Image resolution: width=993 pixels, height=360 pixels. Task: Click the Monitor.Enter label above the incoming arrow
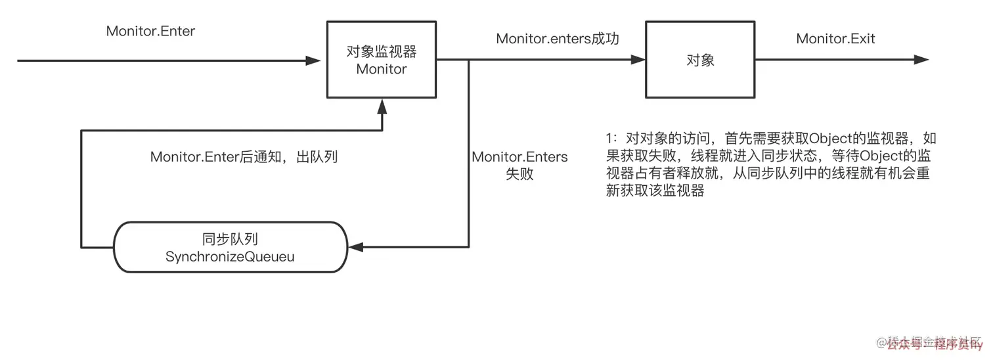click(150, 32)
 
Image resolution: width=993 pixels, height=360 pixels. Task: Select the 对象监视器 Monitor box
click(382, 60)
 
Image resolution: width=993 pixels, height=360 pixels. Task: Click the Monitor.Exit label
click(835, 39)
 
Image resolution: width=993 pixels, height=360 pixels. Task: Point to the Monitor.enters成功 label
click(558, 39)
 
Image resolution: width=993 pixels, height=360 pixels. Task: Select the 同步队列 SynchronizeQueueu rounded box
click(230, 248)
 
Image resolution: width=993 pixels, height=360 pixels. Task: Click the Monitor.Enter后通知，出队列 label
click(244, 157)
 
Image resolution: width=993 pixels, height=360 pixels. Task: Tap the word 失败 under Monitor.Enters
click(519, 175)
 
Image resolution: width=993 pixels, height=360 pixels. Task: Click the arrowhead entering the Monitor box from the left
click(314, 60)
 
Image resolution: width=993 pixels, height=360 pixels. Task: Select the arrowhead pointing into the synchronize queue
click(355, 248)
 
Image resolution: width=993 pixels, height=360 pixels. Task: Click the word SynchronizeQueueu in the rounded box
click(230, 257)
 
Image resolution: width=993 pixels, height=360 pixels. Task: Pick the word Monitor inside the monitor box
click(382, 69)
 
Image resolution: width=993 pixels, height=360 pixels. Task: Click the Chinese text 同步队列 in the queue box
click(230, 238)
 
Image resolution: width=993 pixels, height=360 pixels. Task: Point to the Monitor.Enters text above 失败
click(519, 158)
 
